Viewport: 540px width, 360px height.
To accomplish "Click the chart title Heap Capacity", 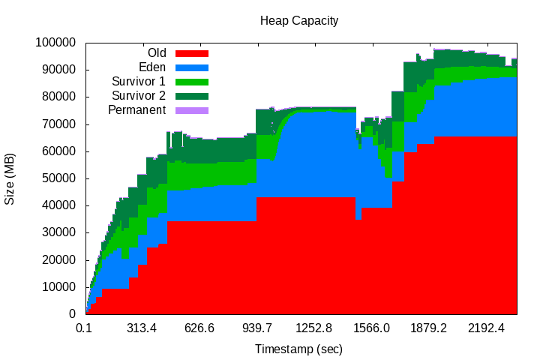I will click(299, 20).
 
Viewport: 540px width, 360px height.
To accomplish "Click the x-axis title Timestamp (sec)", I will click(298, 349).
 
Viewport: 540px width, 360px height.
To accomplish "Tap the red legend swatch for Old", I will click(191, 53).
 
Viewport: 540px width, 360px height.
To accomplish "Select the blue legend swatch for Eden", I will click(191, 67).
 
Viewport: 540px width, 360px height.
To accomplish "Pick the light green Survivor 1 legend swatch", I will click(191, 82).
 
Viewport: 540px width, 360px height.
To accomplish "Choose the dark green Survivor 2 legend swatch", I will click(191, 96).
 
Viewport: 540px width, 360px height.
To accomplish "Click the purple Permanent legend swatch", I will click(191, 110).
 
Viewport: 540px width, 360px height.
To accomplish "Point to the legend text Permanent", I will click(136, 110).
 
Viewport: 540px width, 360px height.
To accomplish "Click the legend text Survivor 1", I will click(139, 82).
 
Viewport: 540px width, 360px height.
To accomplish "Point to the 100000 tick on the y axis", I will click(55, 42).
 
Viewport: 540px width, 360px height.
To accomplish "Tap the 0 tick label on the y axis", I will click(73, 313).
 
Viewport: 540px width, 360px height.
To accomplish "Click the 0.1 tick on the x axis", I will click(84, 328).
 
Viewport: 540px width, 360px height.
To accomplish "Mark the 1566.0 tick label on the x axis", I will click(371, 328).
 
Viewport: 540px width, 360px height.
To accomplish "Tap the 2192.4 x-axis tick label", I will click(487, 328).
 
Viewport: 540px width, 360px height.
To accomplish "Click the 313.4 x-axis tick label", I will click(141, 328).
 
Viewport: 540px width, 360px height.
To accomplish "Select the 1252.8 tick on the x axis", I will click(313, 328).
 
